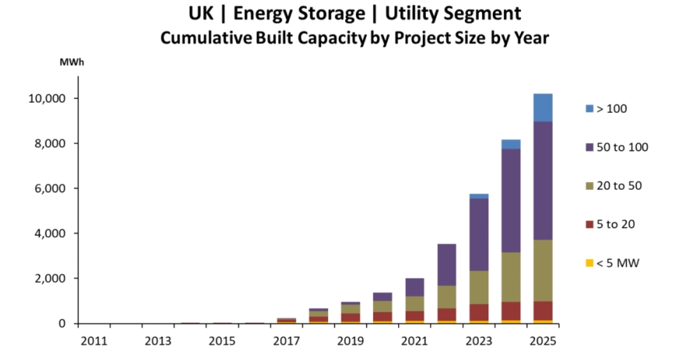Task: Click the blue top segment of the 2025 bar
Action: pyautogui.click(x=543, y=107)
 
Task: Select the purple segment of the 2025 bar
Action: pyautogui.click(x=543, y=180)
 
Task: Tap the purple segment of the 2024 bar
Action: pyautogui.click(x=511, y=201)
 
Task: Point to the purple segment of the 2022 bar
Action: pyautogui.click(x=447, y=265)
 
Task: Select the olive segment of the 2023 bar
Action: pyautogui.click(x=479, y=287)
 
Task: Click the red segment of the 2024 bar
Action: pyautogui.click(x=511, y=311)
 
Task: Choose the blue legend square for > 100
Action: pyautogui.click(x=589, y=109)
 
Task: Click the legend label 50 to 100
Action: pyautogui.click(x=622, y=147)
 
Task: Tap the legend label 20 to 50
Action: pyautogui.click(x=619, y=186)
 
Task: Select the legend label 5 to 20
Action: pyautogui.click(x=616, y=225)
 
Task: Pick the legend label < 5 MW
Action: pyautogui.click(x=617, y=263)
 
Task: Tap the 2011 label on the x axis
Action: pyautogui.click(x=94, y=341)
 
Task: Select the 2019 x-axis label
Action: pyautogui.click(x=351, y=341)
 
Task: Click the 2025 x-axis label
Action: pyautogui.click(x=543, y=341)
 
